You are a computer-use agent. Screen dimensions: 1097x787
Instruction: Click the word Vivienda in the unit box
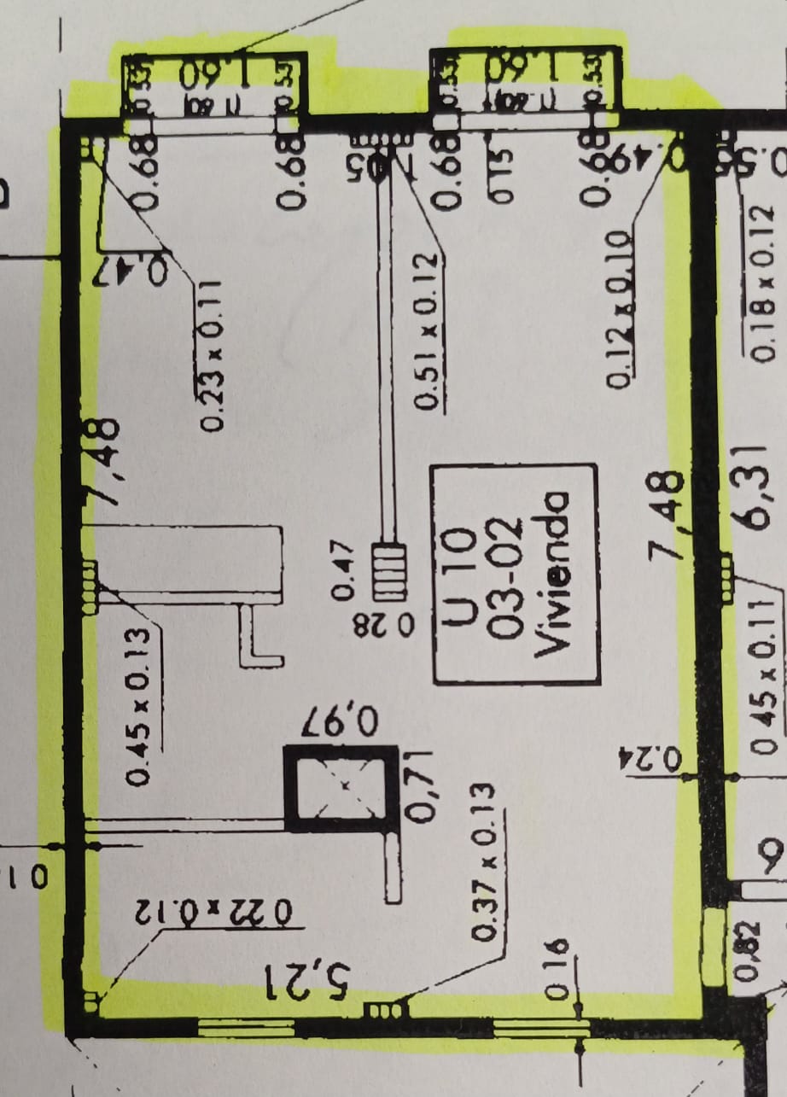pos(553,574)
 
